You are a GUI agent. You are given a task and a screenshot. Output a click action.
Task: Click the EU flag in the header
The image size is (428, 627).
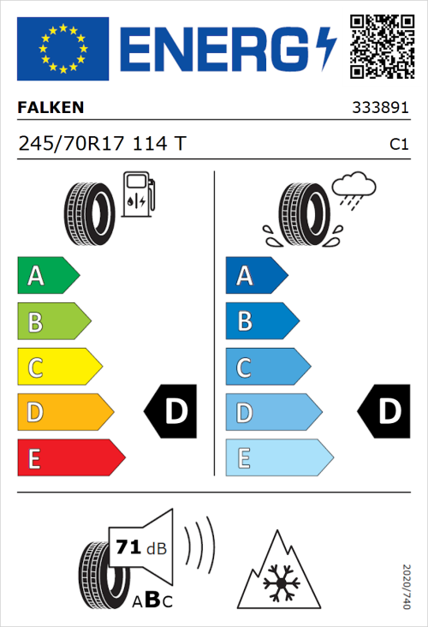pyautogui.click(x=63, y=48)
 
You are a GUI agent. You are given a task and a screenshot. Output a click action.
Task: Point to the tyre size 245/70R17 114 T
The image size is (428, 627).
pyautogui.click(x=101, y=145)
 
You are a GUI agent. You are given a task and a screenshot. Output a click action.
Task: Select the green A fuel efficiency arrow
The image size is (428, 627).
pyautogui.click(x=47, y=276)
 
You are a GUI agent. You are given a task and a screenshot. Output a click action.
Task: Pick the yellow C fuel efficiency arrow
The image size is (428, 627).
pyautogui.click(x=59, y=367)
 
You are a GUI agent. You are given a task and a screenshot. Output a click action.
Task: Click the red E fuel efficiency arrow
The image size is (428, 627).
pyautogui.click(x=70, y=458)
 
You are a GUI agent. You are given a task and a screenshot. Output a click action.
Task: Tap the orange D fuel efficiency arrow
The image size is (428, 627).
pyautogui.click(x=64, y=413)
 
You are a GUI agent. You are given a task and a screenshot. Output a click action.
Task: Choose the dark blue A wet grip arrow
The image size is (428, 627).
pyautogui.click(x=255, y=276)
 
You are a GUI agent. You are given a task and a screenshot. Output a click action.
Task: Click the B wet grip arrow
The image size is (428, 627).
pyautogui.click(x=261, y=321)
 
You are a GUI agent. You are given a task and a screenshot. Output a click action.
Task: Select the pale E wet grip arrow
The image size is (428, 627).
pyautogui.click(x=278, y=458)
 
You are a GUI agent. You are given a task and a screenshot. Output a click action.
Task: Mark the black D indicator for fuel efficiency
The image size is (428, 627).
pyautogui.click(x=171, y=412)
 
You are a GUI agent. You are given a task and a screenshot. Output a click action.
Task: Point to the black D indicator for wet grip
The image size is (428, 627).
pyautogui.click(x=381, y=412)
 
